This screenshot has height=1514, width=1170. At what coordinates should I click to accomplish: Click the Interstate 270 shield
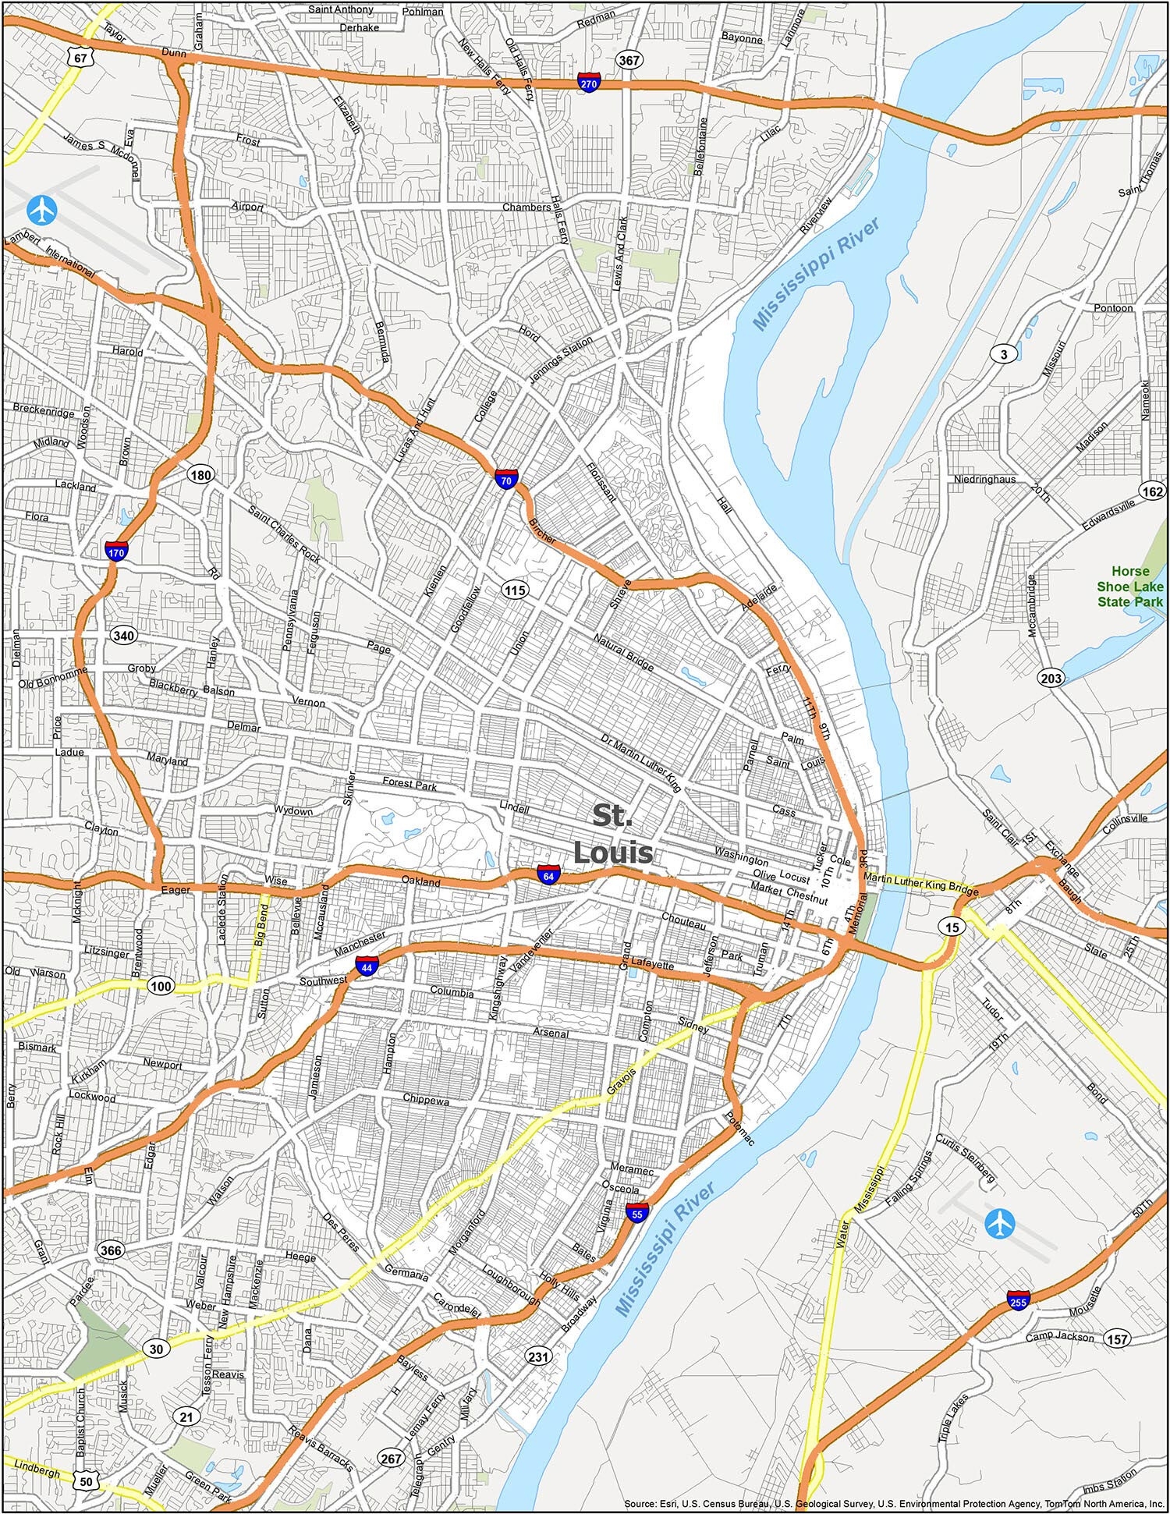[589, 83]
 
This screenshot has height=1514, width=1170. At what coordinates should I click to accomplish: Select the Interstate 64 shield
[549, 874]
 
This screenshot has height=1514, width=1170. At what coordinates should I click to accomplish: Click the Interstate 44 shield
[366, 966]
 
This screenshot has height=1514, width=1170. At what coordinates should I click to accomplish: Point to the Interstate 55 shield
[636, 1211]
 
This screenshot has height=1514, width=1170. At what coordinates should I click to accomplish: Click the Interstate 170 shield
[115, 551]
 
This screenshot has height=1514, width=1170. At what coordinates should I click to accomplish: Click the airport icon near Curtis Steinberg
[998, 1222]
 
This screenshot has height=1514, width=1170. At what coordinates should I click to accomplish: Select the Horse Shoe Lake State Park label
[1130, 586]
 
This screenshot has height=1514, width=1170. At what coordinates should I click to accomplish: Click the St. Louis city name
[612, 834]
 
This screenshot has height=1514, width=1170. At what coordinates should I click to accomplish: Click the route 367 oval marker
[629, 60]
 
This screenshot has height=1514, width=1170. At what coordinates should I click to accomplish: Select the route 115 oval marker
[514, 590]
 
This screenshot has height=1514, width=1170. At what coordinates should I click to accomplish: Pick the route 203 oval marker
[1051, 678]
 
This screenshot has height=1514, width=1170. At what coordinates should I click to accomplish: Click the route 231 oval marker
[538, 1356]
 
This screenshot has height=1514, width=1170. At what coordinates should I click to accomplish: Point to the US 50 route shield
[86, 1480]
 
